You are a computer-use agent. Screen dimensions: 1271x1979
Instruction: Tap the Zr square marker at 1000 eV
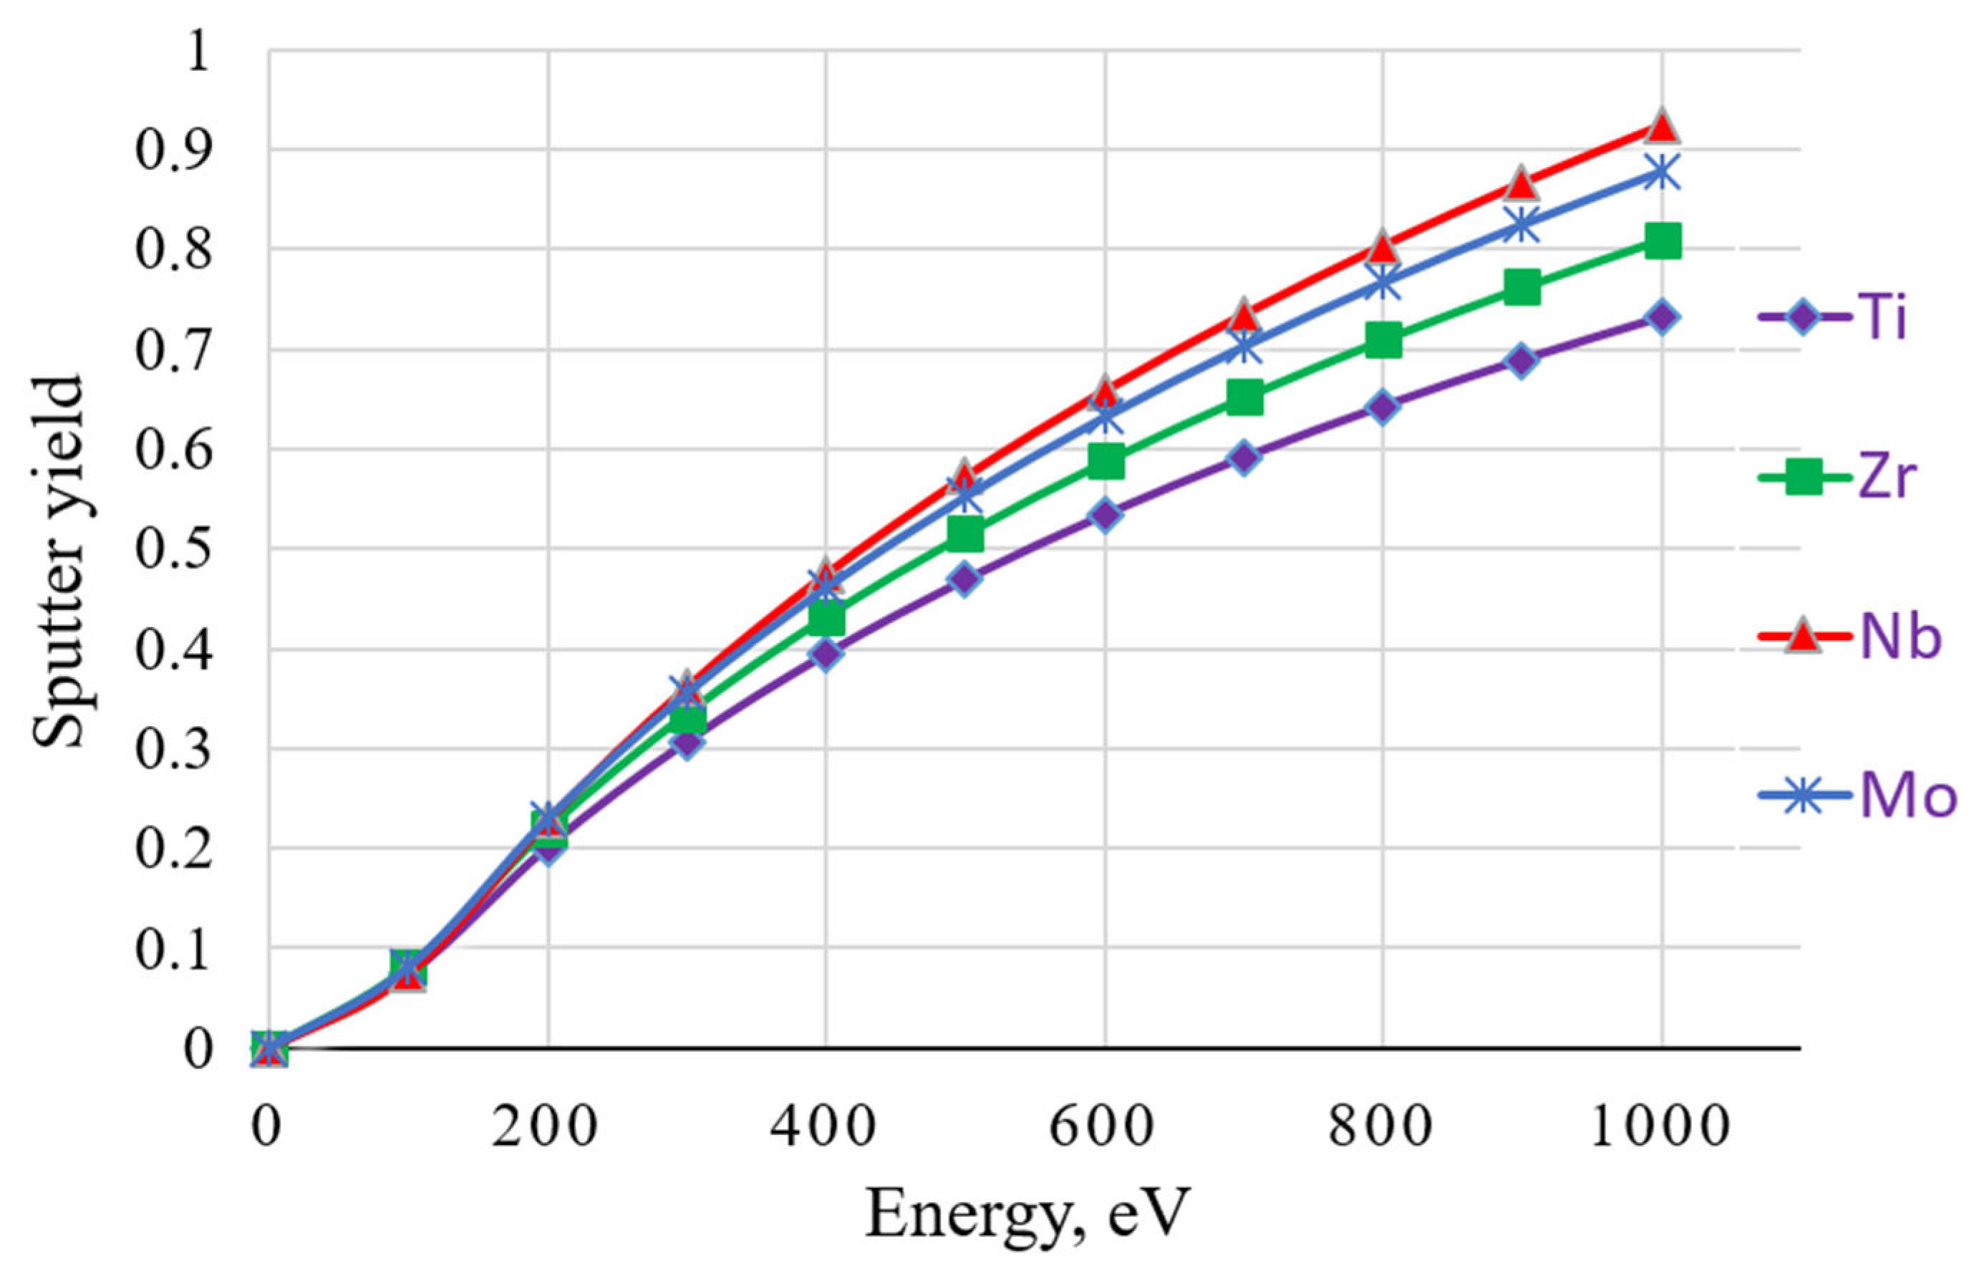click(x=1661, y=241)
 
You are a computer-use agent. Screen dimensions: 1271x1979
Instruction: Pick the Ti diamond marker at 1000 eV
click(x=1661, y=317)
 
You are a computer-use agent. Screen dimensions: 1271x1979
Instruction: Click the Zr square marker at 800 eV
click(x=1383, y=340)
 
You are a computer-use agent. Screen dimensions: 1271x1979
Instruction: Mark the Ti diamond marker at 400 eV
click(x=827, y=654)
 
